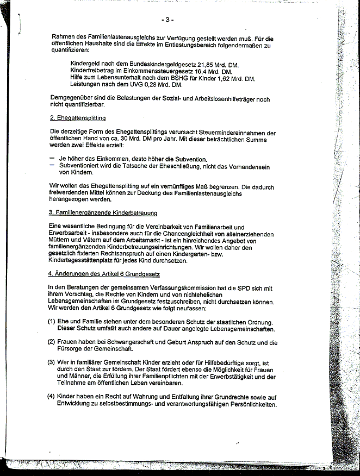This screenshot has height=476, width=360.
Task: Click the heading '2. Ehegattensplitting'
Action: coord(77,118)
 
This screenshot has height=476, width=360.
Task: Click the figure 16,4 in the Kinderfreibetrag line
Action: coord(201,72)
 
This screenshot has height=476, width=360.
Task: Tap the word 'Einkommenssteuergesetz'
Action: coord(153,72)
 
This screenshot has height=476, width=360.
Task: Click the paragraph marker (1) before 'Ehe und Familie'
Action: coord(51,322)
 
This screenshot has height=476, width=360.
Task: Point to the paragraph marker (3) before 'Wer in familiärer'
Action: coord(51,362)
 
